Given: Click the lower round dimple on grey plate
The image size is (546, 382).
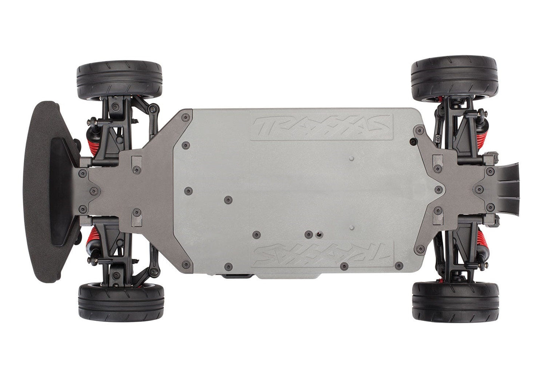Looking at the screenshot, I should (x=351, y=228).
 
